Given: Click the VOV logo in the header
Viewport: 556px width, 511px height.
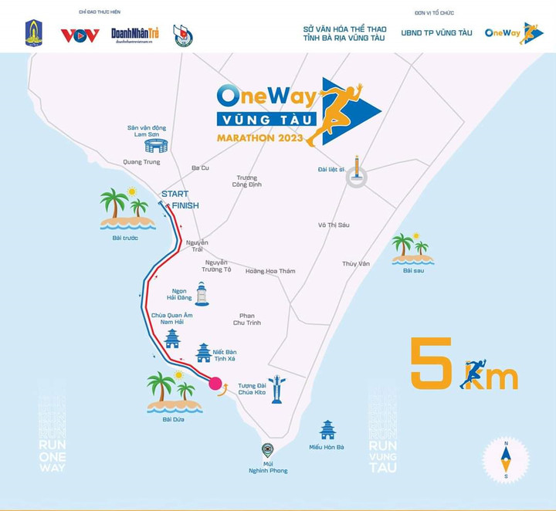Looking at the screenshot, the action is coord(80,36).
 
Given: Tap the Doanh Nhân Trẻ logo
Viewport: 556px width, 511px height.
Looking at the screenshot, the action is coord(134,36).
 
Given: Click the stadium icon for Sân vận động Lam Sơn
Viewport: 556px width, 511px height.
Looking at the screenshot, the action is coord(156,145).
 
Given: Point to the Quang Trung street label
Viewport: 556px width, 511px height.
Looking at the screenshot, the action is coord(141,162).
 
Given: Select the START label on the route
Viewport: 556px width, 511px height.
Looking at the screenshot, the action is coord(175,194).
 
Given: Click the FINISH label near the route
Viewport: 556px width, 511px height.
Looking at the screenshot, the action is coord(185,205).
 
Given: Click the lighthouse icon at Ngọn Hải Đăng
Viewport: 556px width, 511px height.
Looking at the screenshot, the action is coord(202,293).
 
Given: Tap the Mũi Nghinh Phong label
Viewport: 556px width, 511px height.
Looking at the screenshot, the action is coord(268,466).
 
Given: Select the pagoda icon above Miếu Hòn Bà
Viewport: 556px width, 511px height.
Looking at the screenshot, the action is coord(327,430).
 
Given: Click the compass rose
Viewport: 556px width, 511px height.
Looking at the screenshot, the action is coord(506,459).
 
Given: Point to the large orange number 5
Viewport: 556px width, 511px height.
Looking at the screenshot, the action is coord(431,363).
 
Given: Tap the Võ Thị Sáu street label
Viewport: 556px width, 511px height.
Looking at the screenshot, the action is coord(334,225).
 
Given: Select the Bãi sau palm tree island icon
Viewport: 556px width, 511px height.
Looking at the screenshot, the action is coord(412,248).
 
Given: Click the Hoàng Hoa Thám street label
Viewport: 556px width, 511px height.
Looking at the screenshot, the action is coord(270,271).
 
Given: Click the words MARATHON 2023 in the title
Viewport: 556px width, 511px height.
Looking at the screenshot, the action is coord(260,138).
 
